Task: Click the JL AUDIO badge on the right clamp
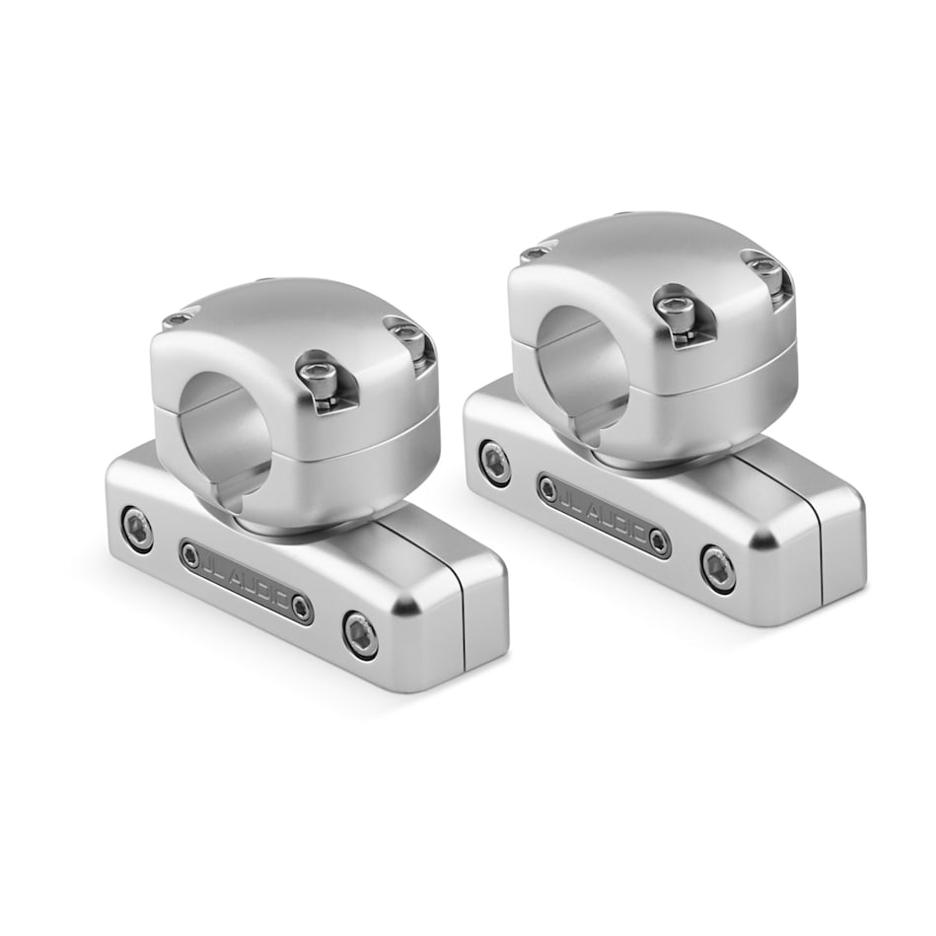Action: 604,516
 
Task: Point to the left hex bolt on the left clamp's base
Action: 137,528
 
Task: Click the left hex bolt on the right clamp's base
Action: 494,460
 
